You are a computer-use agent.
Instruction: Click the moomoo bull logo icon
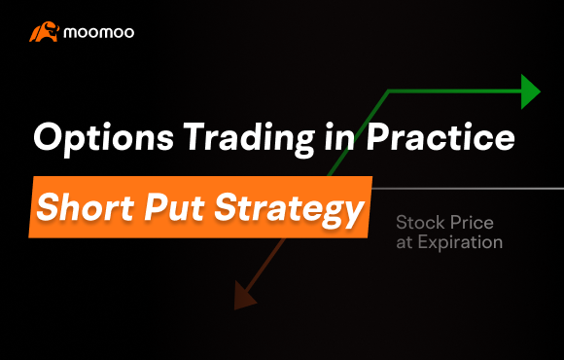coord(44,33)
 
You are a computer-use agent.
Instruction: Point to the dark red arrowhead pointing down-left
coord(243,293)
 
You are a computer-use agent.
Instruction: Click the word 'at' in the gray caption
coord(405,243)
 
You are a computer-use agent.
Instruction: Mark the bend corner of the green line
coord(389,90)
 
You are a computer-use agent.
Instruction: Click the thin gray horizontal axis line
coord(467,187)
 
